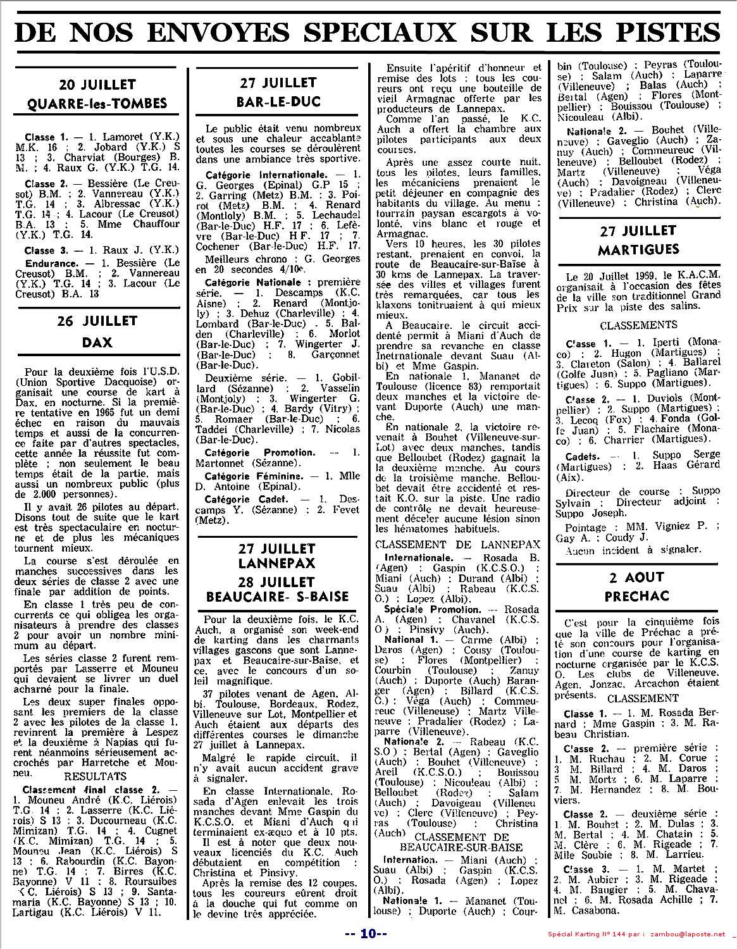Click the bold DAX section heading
[97, 342]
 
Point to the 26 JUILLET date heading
[97, 321]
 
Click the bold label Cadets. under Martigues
[583, 455]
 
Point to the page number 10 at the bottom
[369, 934]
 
